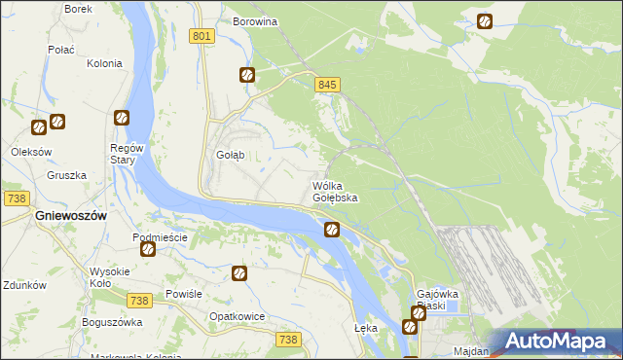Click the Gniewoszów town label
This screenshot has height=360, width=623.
[x=70, y=215]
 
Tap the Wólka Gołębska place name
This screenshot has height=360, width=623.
[x=335, y=192]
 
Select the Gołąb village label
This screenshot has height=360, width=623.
[x=230, y=155]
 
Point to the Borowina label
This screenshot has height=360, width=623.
[x=256, y=20]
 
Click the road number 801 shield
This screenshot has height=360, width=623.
[x=202, y=36]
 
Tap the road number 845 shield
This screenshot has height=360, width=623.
[x=327, y=86]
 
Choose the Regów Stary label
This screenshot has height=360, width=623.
[x=127, y=154]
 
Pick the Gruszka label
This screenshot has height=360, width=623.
[x=66, y=176]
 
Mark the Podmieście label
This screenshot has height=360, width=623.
[x=160, y=237]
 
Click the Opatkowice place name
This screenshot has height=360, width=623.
[x=238, y=317]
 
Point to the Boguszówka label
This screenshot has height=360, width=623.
[x=113, y=322]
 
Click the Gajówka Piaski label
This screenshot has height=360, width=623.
[x=437, y=300]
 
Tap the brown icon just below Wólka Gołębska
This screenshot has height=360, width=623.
[x=332, y=230]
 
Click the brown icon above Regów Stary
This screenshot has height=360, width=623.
[x=122, y=118]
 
